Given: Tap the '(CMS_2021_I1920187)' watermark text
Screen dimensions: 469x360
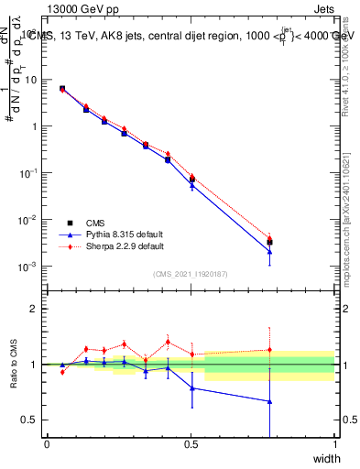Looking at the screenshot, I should [x=190, y=275].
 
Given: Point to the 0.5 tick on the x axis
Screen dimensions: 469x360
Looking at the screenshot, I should [x=191, y=444].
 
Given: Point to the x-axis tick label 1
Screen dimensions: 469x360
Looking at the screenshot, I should [x=334, y=444].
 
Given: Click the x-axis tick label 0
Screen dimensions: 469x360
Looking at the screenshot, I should [x=47, y=444].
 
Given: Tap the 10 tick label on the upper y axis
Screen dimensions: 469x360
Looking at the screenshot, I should [x=32, y=80].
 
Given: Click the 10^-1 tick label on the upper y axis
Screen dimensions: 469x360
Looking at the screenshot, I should [x=30, y=173].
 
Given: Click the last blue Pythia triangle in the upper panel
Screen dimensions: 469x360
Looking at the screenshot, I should [x=269, y=252].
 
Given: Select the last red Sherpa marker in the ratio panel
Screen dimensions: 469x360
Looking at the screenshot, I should [x=269, y=349].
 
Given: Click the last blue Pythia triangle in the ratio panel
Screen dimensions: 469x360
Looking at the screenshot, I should [x=269, y=401].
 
